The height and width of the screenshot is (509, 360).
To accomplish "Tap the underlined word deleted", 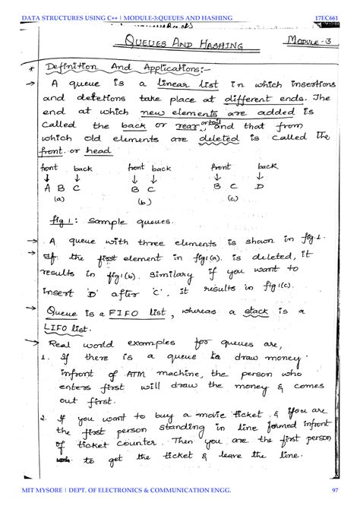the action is tap(207, 139).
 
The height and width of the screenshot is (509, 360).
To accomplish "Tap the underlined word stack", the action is tap(256, 311).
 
